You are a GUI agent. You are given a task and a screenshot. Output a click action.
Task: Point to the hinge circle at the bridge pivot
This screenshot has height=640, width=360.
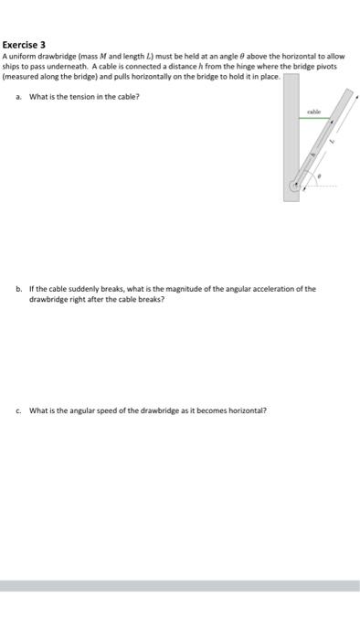coord(293,186)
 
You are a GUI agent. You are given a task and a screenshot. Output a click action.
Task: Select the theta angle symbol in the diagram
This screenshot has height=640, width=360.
coord(319,175)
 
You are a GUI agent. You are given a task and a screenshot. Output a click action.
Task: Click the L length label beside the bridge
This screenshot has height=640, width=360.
coord(334,141)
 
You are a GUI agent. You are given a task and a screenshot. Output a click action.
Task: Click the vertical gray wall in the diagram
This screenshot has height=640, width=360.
coord(291,128)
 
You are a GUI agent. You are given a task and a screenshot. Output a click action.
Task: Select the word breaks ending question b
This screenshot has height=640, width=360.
coord(152,299)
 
